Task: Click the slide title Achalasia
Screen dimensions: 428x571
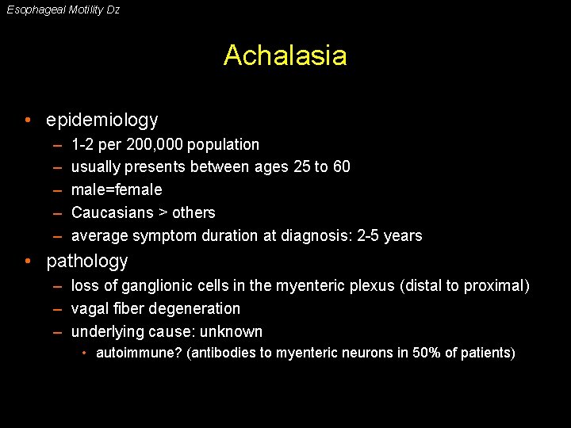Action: pos(285,55)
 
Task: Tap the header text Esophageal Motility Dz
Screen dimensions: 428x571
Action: pos(63,10)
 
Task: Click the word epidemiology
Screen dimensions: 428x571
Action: pos(102,120)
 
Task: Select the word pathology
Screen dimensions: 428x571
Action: pos(87,262)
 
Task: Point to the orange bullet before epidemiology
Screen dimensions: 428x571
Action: pos(28,120)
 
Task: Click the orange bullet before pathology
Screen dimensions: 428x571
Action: pos(28,262)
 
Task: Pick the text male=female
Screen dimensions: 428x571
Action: pos(117,190)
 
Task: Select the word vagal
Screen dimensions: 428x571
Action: pos(90,309)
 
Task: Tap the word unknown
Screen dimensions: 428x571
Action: pos(232,332)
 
